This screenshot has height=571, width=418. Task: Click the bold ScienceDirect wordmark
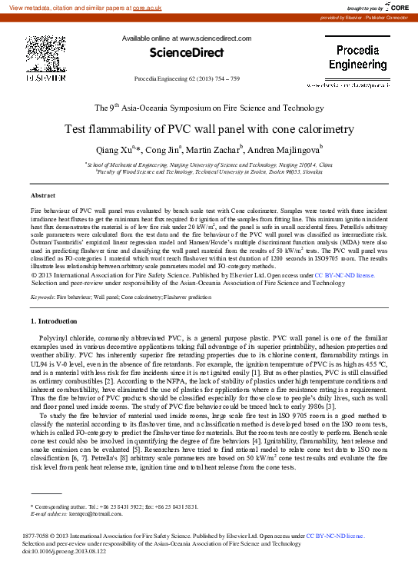click(181, 53)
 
